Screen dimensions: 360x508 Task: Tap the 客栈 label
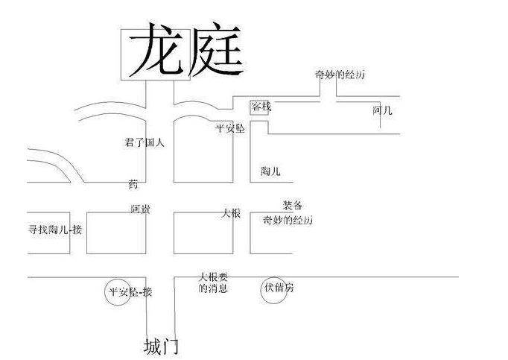click(x=261, y=107)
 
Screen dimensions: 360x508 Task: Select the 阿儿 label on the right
click(x=382, y=110)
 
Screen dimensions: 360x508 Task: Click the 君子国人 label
click(x=145, y=142)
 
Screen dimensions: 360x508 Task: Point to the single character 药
click(x=133, y=183)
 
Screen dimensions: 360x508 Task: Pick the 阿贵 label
click(x=140, y=209)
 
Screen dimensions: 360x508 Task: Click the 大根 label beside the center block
click(x=231, y=213)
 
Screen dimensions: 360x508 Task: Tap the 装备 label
click(x=292, y=206)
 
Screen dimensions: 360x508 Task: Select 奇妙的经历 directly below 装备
click(x=288, y=221)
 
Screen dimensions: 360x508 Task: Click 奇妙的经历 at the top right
click(x=340, y=74)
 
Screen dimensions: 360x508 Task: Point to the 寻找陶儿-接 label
click(x=54, y=229)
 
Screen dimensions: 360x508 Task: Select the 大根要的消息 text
click(x=213, y=282)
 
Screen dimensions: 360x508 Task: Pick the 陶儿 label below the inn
click(x=270, y=171)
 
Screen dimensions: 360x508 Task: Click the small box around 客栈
click(x=260, y=107)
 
